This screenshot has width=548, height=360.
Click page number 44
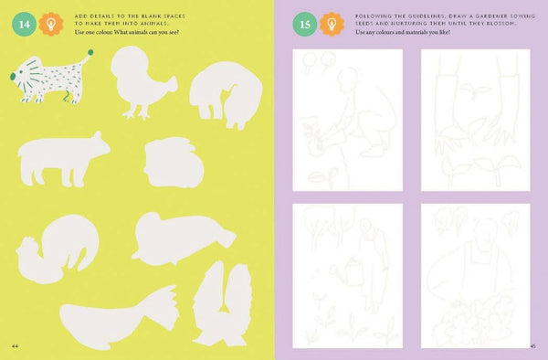coord(16,345)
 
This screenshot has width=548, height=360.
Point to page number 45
coord(532,345)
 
